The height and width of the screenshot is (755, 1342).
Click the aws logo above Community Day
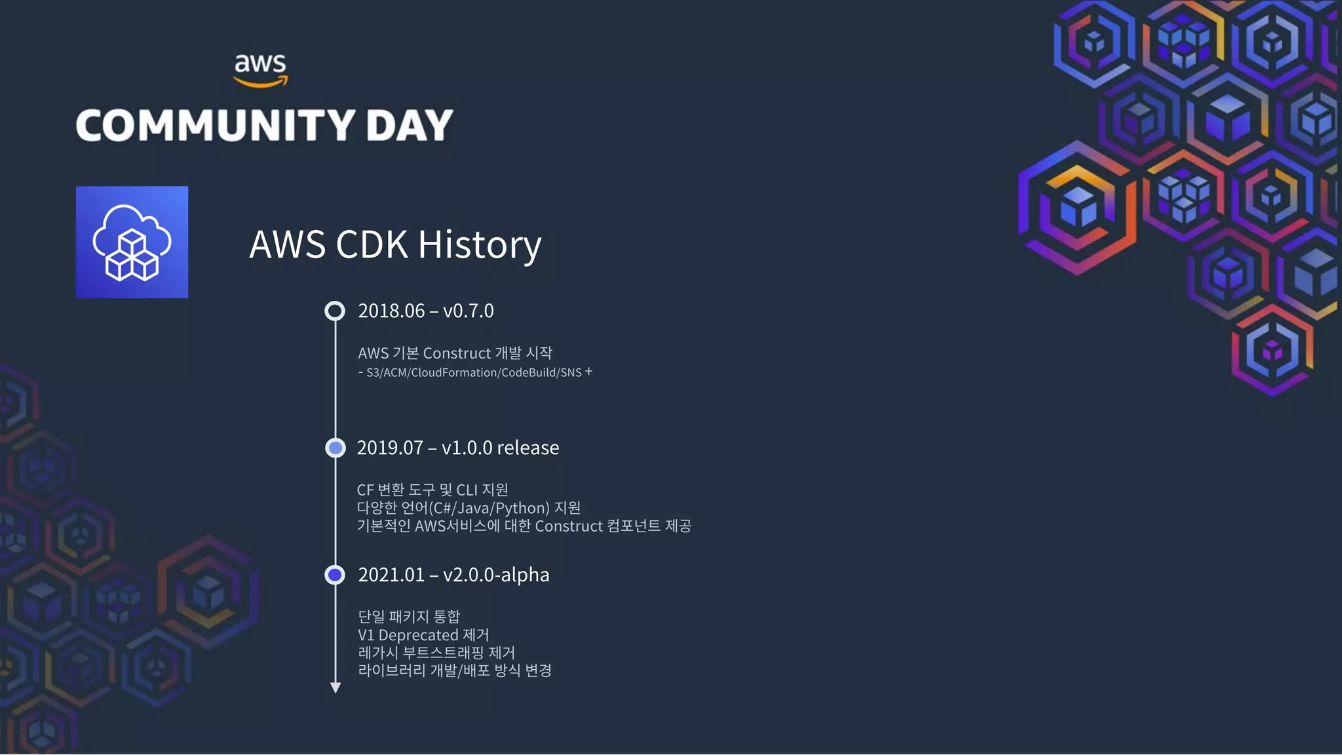point(261,69)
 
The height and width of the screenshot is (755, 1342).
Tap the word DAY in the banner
point(410,125)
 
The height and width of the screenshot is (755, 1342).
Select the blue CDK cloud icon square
point(132,242)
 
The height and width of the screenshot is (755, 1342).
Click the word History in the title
point(479,245)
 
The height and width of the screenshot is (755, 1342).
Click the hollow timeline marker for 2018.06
point(335,311)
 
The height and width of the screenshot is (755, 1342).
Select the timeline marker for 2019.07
point(335,448)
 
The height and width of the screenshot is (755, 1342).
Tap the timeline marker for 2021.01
point(335,575)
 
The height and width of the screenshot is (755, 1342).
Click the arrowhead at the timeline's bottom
point(335,687)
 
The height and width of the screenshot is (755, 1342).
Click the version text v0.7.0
point(469,311)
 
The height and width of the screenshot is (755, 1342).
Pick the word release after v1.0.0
point(527,448)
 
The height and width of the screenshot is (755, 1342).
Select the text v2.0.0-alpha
point(496,575)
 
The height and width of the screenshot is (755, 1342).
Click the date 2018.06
point(391,311)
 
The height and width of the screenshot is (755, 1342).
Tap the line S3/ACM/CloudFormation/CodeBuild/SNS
point(474,373)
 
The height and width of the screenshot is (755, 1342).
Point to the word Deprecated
point(419,635)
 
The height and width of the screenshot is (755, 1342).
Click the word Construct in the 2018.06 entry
point(457,353)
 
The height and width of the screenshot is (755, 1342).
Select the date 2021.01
point(391,575)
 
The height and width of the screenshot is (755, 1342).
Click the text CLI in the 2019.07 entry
point(467,490)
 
